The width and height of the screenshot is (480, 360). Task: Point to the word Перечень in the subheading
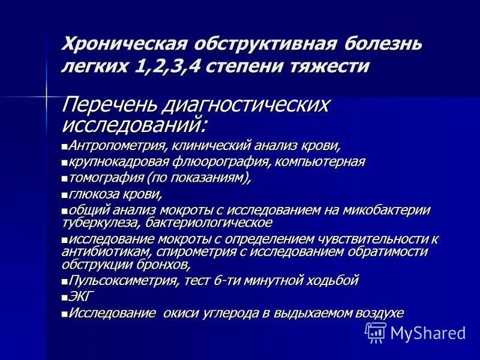113,104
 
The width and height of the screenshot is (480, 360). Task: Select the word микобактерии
393,211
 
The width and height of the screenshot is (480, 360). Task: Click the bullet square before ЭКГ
65,297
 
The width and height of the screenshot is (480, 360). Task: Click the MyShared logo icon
375,332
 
